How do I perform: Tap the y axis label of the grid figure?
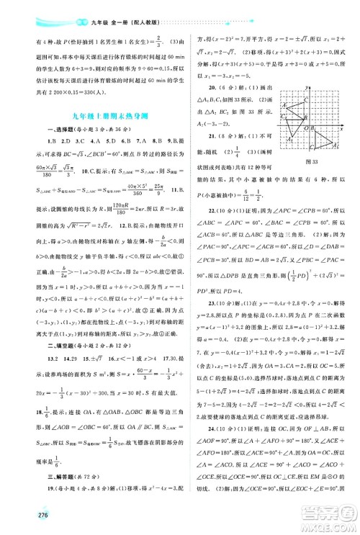click(x=307, y=89)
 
